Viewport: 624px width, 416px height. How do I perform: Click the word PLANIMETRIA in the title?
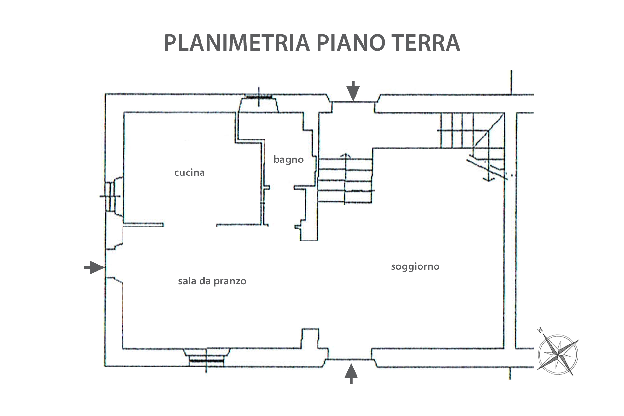(237, 43)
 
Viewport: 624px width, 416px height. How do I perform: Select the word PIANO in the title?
(348, 43)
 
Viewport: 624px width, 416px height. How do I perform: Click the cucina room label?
(189, 172)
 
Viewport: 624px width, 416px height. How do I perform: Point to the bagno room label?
(288, 159)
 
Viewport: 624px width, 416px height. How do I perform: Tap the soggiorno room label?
(415, 266)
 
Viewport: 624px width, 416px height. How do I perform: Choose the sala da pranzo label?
(212, 281)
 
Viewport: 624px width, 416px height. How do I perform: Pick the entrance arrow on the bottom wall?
(351, 374)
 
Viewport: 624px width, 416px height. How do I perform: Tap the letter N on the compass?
(540, 331)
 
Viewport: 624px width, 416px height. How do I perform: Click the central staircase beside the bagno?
(345, 180)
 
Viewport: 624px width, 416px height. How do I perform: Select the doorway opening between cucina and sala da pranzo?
(190, 225)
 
